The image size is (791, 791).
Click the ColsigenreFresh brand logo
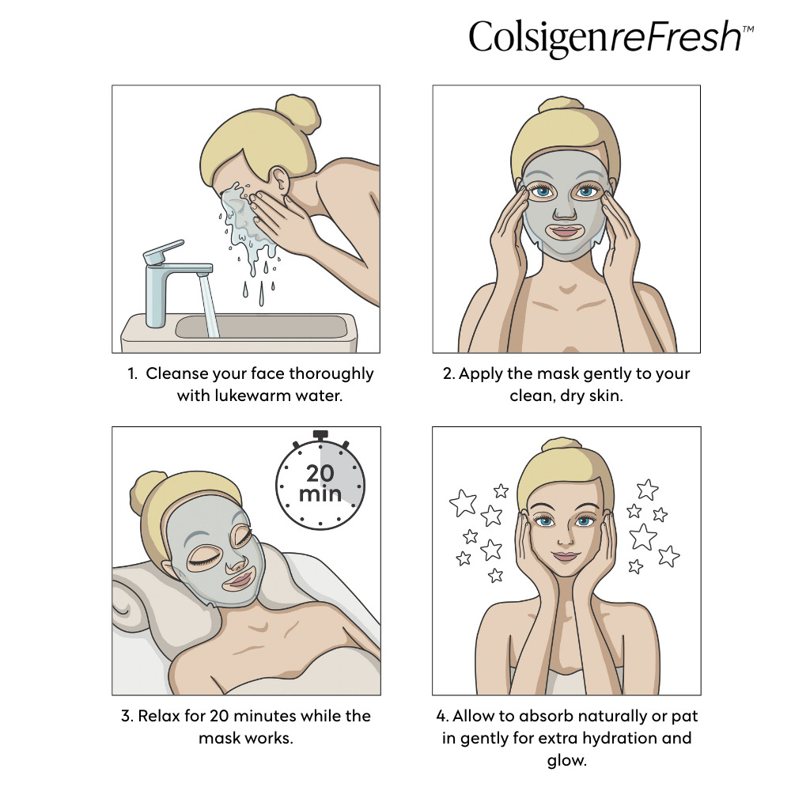pyautogui.click(x=611, y=37)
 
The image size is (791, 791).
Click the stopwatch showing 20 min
pyautogui.click(x=320, y=480)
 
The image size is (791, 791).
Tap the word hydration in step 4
pyautogui.click(x=616, y=739)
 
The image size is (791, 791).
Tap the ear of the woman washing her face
pyautogui.click(x=280, y=180)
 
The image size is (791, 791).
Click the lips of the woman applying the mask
pyautogui.click(x=565, y=232)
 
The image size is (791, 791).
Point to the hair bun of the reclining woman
pyautogui.click(x=149, y=490)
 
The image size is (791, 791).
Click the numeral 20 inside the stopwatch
pyautogui.click(x=320, y=473)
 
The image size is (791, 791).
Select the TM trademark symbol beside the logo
pyautogui.click(x=748, y=28)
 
